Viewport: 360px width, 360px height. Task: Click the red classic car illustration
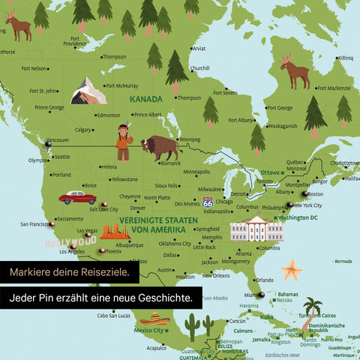(77, 197)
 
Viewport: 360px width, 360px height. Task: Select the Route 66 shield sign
(207, 202)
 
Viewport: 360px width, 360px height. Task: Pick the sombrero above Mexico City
(153, 319)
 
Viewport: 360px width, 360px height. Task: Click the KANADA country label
(146, 98)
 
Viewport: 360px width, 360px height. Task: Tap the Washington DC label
(298, 217)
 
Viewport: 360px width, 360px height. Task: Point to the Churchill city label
(200, 68)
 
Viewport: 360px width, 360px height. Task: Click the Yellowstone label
(124, 179)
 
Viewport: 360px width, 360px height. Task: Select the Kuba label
(268, 316)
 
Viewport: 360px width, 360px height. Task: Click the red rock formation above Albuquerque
(115, 232)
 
